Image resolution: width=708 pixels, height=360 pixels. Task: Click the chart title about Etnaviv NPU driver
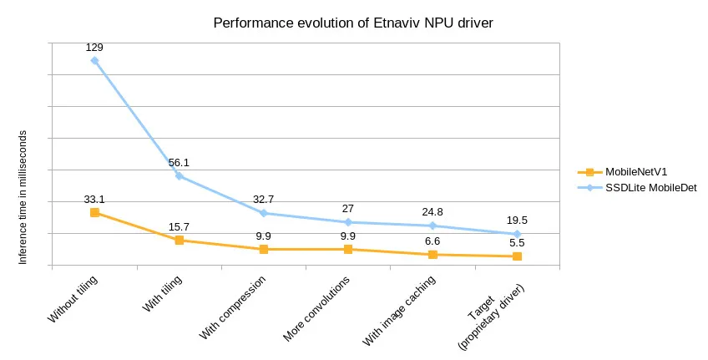(353, 23)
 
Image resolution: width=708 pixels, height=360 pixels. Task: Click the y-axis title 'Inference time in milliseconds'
(23, 198)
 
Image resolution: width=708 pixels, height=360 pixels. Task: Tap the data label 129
(94, 48)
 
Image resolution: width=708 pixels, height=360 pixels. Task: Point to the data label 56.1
(179, 163)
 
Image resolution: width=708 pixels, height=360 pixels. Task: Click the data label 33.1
(94, 200)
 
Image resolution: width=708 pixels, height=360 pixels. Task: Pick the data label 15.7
(179, 227)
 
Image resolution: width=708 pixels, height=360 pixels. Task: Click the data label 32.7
(264, 200)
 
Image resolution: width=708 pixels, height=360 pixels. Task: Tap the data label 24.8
(432, 212)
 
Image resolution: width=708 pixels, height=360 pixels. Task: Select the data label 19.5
(517, 221)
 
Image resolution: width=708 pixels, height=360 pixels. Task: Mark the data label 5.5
(517, 243)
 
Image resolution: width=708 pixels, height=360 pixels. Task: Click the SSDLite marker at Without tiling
(94, 60)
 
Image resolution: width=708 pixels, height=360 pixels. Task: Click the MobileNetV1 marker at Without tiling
(94, 213)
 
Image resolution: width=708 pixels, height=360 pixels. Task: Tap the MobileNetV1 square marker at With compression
(264, 249)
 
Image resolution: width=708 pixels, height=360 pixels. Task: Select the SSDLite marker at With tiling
(179, 175)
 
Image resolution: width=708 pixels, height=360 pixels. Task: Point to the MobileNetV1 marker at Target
(517, 256)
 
